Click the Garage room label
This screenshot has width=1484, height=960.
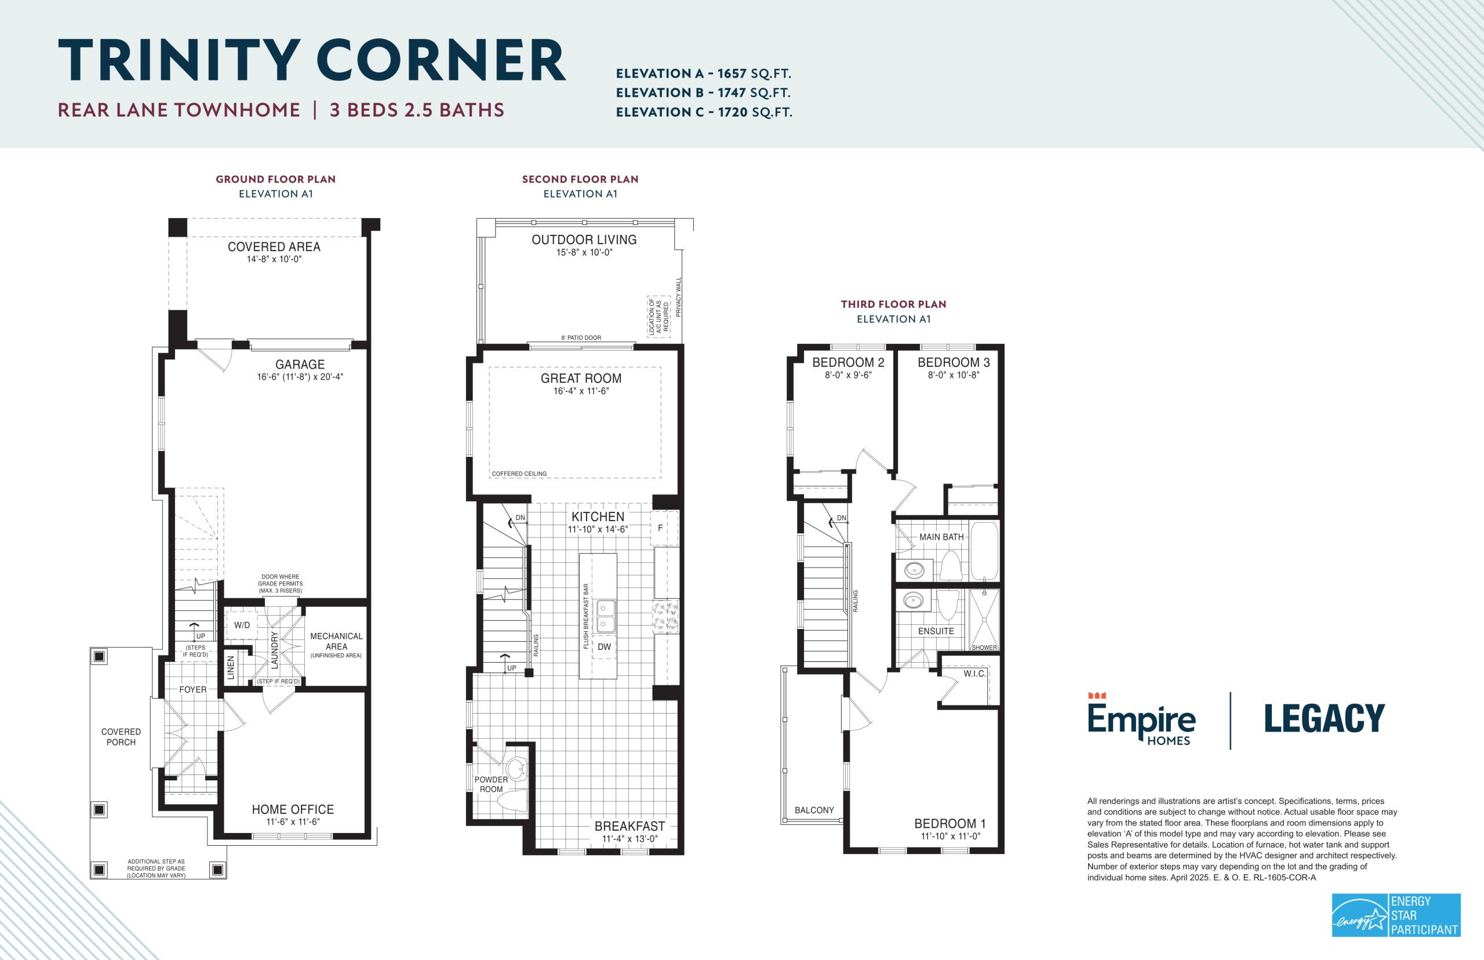(x=300, y=365)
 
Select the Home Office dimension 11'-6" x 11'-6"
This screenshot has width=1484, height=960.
(x=293, y=821)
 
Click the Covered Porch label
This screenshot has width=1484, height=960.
(x=121, y=737)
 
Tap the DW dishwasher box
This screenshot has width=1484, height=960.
(x=604, y=647)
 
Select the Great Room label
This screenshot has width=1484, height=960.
(x=581, y=379)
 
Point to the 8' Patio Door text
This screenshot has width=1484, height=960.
(x=581, y=338)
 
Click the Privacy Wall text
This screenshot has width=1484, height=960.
(x=679, y=297)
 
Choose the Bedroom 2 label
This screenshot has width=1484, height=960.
(x=848, y=362)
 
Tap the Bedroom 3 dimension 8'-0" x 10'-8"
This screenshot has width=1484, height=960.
(x=954, y=375)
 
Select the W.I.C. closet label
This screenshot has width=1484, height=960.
(x=975, y=674)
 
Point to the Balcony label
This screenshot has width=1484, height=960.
(x=814, y=810)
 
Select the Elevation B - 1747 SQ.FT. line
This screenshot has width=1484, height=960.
(x=703, y=93)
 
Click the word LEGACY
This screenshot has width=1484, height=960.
(x=1325, y=718)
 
